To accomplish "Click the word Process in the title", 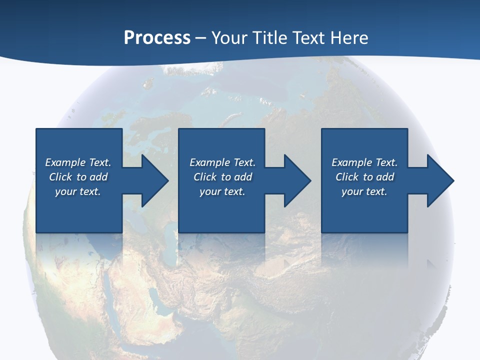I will pos(157,38).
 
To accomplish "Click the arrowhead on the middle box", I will pos(296,180).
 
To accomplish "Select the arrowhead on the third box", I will pos(439,180).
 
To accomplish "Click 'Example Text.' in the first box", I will pos(78,162).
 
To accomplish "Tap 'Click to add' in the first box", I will pos(78,177).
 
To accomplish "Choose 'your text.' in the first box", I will pos(78,191).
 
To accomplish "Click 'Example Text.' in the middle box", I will pos(222,162).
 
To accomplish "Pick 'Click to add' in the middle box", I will pos(222,177).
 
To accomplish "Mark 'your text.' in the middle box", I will pos(222,191).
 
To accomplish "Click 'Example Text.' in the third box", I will pos(364,162).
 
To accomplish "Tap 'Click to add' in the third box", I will pos(364,177).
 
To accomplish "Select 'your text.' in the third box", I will pos(364,191).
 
